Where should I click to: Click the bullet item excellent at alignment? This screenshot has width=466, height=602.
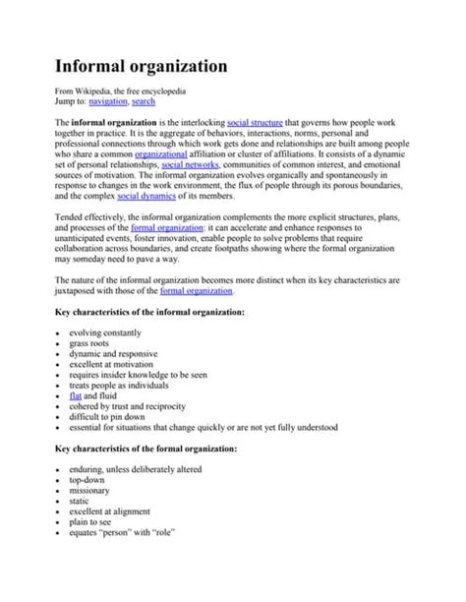(x=115, y=516)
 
